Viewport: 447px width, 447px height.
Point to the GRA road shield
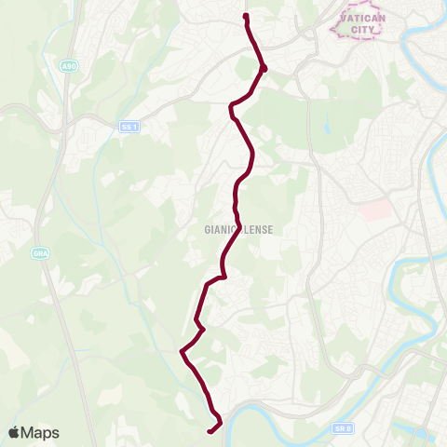tap(40, 251)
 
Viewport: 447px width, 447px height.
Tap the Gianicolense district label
tap(238, 228)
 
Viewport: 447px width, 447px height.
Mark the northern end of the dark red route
tap(245, 15)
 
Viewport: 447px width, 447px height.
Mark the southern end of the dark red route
tap(209, 430)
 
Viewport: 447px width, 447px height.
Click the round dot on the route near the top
tap(264, 67)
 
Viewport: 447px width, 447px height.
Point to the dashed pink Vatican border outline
tap(333, 28)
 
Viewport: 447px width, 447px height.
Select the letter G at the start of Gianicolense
tap(206, 228)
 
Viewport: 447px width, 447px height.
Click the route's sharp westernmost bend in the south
tap(181, 351)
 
